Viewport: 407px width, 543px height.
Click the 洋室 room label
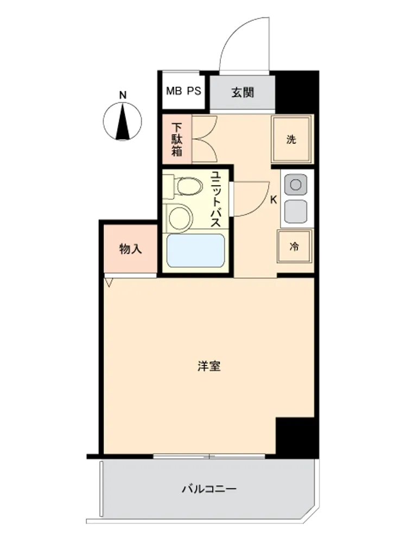point(209,366)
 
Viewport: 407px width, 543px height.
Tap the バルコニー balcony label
point(209,489)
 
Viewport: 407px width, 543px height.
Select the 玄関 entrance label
point(243,92)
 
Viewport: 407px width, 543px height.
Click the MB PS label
point(183,91)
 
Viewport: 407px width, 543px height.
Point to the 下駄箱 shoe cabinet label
point(177,139)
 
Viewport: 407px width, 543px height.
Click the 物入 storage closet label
point(130,249)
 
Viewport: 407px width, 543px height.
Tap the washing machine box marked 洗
point(291,139)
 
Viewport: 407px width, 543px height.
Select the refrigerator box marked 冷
point(295,247)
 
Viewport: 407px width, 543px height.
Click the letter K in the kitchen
point(274,200)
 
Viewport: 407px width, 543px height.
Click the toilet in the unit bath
point(184,187)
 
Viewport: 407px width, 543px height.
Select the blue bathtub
point(195,251)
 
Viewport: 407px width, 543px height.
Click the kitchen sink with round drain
point(296,185)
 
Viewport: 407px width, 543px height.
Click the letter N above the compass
point(123,95)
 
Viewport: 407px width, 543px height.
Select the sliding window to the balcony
point(209,457)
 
